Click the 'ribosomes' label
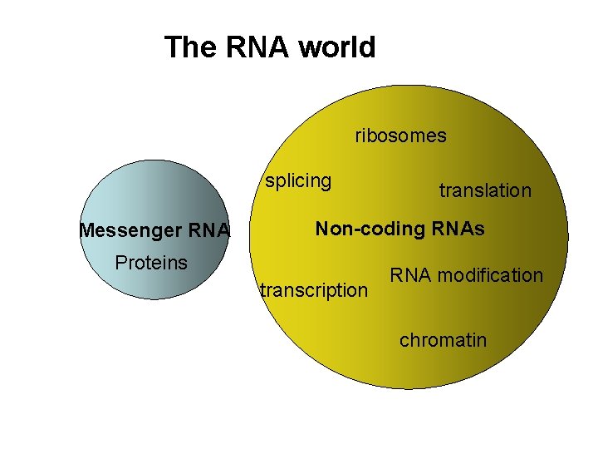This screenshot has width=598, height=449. coord(400,136)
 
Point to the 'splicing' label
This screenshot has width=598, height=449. coord(298,180)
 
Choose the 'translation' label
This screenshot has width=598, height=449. coord(485,190)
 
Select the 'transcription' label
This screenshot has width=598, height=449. coord(314,290)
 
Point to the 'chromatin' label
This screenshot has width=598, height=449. coord(444,340)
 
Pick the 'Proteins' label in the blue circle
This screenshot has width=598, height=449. coord(151,263)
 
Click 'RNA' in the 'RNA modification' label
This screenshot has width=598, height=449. coord(409,275)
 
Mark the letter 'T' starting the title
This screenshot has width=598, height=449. coord(172,47)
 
